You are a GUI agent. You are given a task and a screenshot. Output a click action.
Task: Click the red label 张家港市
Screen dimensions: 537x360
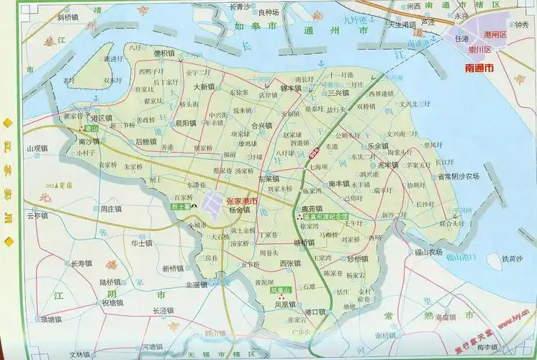(x=243, y=202)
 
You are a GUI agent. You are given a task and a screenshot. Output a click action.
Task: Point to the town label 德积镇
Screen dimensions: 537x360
(x=164, y=53)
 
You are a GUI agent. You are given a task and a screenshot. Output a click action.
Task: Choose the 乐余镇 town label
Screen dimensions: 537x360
(x=378, y=145)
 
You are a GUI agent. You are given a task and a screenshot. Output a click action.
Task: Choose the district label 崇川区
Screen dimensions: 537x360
(x=477, y=50)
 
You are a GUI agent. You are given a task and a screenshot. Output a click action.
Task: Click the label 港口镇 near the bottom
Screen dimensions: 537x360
(x=316, y=311)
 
